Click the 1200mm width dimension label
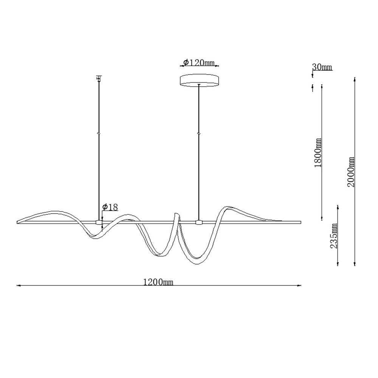(x=158, y=282)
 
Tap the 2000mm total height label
(x=351, y=172)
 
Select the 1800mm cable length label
(x=318, y=153)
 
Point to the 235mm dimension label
(x=334, y=235)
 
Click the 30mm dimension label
(x=322, y=67)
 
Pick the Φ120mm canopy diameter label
(x=199, y=63)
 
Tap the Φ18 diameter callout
(x=110, y=207)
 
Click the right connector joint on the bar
(x=199, y=222)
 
